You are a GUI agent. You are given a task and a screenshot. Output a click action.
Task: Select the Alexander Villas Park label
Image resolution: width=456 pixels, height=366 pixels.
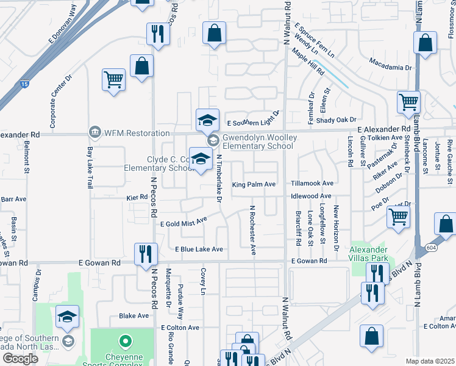pyautogui.click(x=368, y=254)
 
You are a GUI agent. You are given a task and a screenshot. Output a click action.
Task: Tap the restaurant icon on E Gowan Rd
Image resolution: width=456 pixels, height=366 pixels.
pyautogui.click(x=146, y=254)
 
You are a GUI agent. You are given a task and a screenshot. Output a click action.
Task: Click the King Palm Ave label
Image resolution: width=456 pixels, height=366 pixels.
pyautogui.click(x=254, y=184)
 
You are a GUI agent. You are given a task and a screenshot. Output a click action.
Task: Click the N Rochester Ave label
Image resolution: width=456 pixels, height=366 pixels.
pyautogui.click(x=252, y=230)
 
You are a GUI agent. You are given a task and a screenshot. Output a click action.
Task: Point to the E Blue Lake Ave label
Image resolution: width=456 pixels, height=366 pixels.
pyautogui.click(x=199, y=249)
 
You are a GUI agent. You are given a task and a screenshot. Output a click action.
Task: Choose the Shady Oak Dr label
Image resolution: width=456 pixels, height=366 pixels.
pyautogui.click(x=336, y=120)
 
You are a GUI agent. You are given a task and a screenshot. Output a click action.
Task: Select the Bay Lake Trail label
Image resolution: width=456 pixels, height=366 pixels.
pyautogui.click(x=90, y=167)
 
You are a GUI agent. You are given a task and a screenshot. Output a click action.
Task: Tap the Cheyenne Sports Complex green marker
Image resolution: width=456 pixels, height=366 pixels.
pyautogui.click(x=125, y=342)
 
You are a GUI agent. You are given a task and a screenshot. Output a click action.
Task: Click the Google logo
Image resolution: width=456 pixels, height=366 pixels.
pyautogui.click(x=20, y=359)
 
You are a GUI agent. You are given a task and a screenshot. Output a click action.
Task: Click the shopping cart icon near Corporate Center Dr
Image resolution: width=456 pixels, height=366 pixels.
pyautogui.click(x=114, y=80)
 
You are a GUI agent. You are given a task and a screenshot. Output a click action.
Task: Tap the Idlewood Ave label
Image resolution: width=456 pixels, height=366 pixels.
pyautogui.click(x=311, y=196)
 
